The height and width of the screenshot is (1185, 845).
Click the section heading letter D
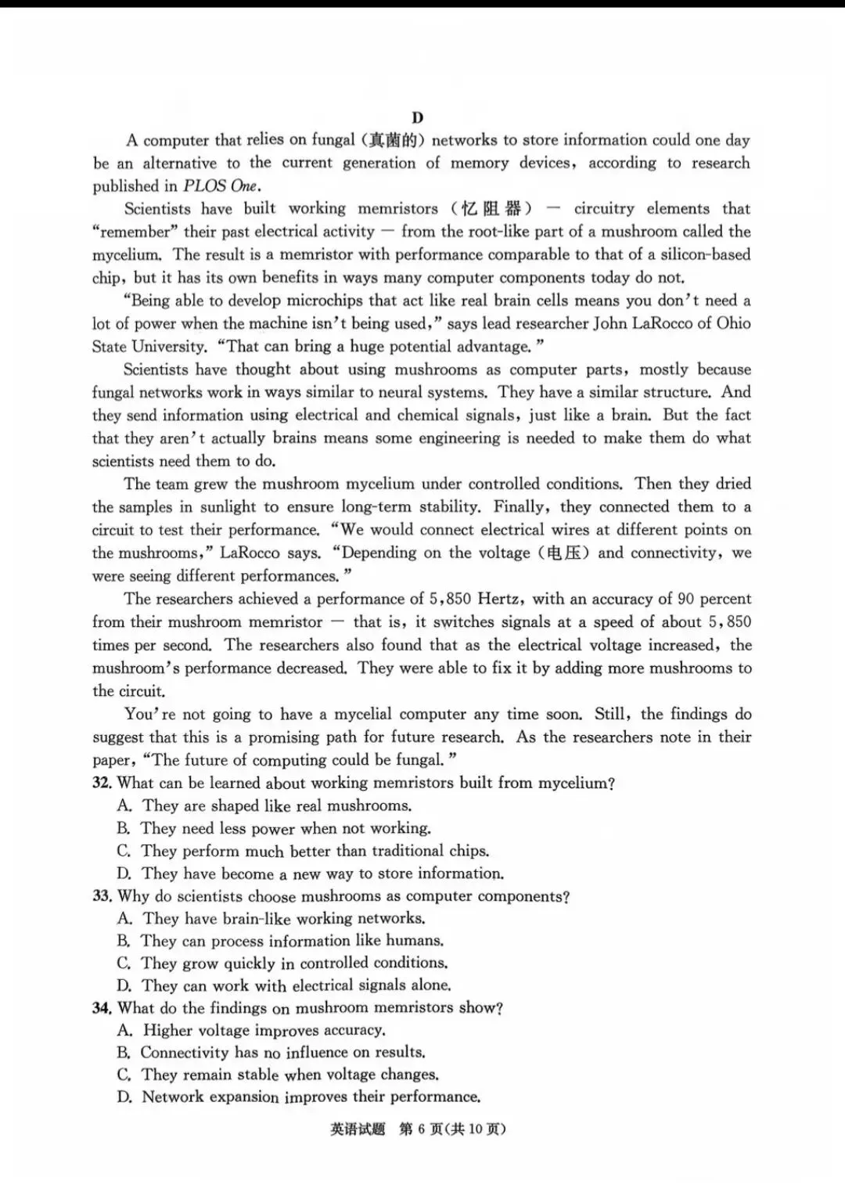[x=417, y=117]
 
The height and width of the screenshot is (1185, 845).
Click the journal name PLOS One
[x=221, y=186]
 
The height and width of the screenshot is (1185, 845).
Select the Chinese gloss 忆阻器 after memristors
[x=491, y=209]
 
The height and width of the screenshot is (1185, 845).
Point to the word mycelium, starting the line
[x=125, y=255]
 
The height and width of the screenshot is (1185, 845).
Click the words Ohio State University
[x=149, y=347]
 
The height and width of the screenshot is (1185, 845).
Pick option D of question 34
[x=298, y=1097]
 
